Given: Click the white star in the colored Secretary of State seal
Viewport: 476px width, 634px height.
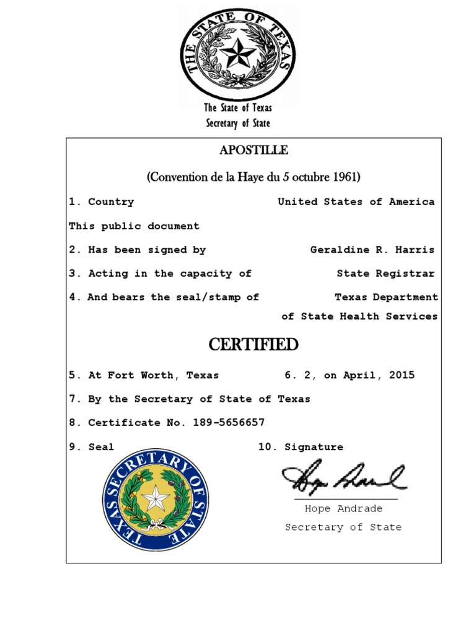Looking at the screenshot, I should tap(156, 499).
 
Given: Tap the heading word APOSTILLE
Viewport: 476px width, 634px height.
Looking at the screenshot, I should tap(253, 150).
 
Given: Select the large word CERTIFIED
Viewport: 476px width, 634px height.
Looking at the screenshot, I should tap(253, 345).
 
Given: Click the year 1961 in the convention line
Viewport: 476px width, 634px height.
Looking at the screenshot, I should tap(346, 177).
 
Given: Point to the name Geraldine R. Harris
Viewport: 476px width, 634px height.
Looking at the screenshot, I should tap(372, 250).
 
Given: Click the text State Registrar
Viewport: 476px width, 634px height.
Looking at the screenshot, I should tap(386, 274).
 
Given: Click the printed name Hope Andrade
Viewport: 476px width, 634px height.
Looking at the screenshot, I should tap(343, 509).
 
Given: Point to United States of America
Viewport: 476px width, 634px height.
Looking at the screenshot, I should tap(356, 202).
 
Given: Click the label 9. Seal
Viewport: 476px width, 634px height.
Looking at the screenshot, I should tap(92, 447).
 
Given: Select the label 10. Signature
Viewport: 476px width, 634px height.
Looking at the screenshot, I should tap(301, 447).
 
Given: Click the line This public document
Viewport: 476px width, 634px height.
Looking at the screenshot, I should tap(134, 226).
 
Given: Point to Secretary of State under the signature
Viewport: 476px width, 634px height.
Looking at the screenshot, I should tap(343, 528).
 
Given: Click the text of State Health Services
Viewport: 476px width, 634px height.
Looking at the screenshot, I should tap(359, 316).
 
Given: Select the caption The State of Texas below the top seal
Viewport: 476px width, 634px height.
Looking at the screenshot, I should tap(238, 108).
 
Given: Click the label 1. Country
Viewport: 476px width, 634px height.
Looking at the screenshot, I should tap(102, 202).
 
